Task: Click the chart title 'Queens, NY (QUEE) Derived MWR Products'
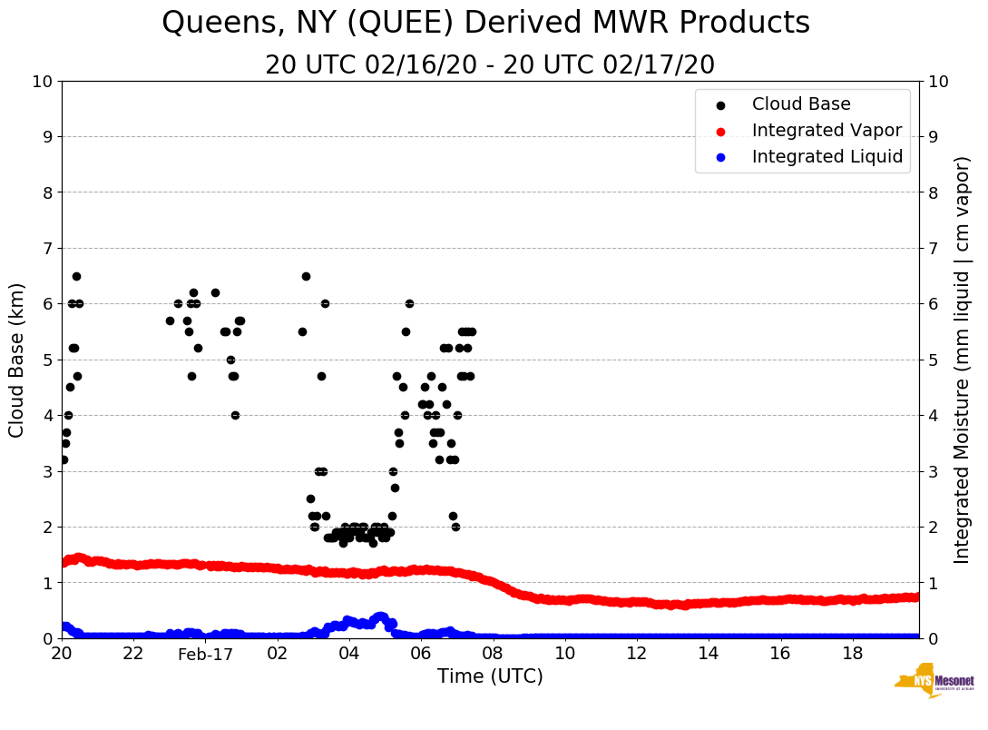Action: [x=485, y=24]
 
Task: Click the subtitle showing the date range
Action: [x=490, y=65]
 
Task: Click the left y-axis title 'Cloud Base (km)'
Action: [x=17, y=360]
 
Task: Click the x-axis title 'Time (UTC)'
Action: [x=490, y=676]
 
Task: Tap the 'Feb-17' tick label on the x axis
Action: [x=205, y=655]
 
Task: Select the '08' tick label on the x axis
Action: [x=493, y=654]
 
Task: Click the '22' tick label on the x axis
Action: [x=133, y=654]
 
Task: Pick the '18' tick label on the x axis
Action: [x=852, y=654]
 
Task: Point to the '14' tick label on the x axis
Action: [x=709, y=654]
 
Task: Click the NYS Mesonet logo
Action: [x=934, y=681]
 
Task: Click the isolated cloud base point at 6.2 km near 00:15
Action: [x=215, y=292]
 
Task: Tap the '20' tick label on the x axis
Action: [x=62, y=654]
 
